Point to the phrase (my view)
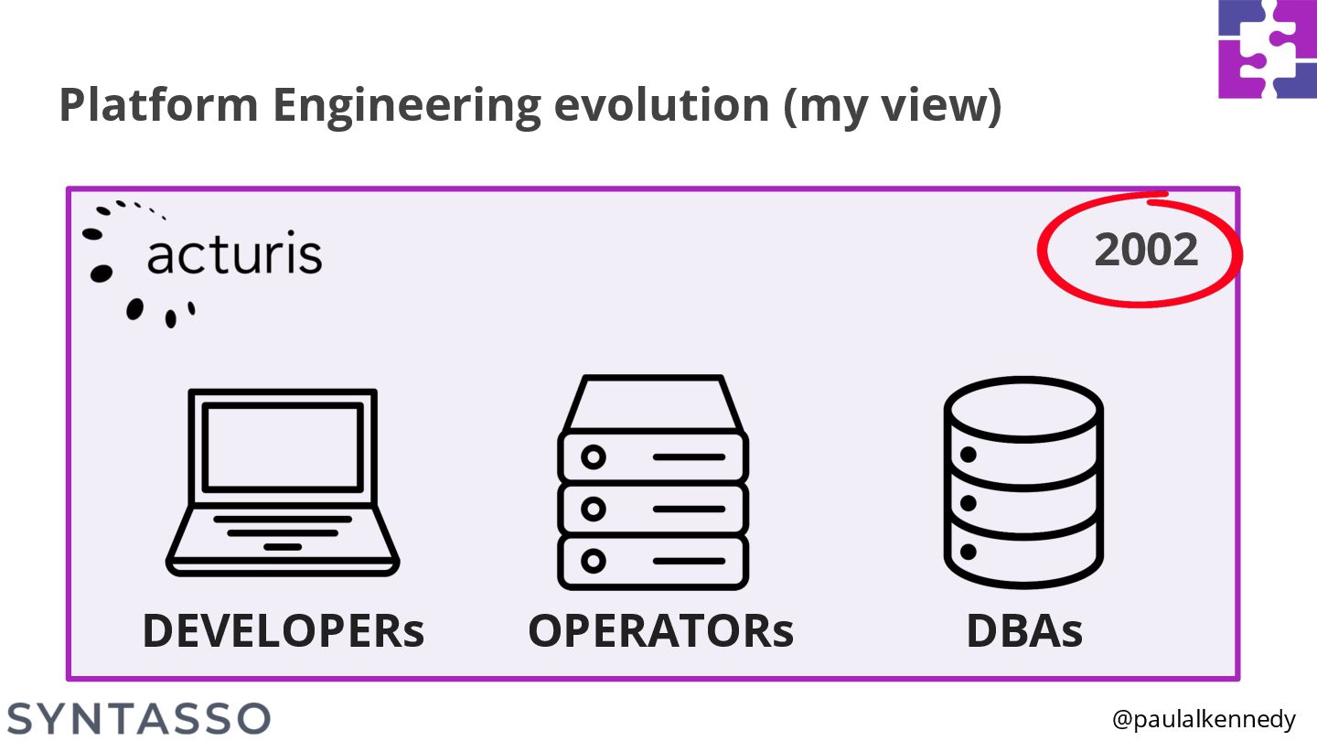point(893,107)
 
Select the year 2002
point(1146,250)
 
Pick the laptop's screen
point(283,446)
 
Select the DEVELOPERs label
point(284,630)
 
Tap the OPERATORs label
point(661,630)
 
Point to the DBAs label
point(1024,630)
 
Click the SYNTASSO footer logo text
point(139,718)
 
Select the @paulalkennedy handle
point(1204,720)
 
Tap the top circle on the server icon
point(594,456)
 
